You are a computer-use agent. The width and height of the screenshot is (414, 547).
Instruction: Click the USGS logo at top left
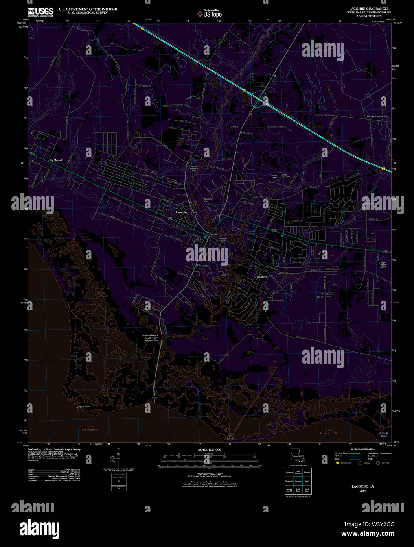point(40,11)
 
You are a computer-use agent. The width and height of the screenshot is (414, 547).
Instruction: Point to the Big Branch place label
point(56,160)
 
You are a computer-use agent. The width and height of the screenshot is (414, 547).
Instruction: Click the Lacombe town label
point(181,212)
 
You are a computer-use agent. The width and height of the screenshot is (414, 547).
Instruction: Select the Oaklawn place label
point(262,277)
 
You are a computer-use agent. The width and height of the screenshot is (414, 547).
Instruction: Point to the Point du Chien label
point(383,434)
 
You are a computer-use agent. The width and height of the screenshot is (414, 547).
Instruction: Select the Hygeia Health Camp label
point(383,264)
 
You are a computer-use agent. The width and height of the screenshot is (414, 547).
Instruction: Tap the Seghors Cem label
point(208,200)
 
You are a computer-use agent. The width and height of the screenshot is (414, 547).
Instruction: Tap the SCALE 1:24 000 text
point(209,449)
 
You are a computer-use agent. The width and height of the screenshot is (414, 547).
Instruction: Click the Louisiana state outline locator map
point(298,454)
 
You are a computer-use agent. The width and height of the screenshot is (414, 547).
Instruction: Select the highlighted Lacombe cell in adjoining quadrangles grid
point(298,481)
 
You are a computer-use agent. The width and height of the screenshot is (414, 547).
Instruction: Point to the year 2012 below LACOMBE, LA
point(362,491)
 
